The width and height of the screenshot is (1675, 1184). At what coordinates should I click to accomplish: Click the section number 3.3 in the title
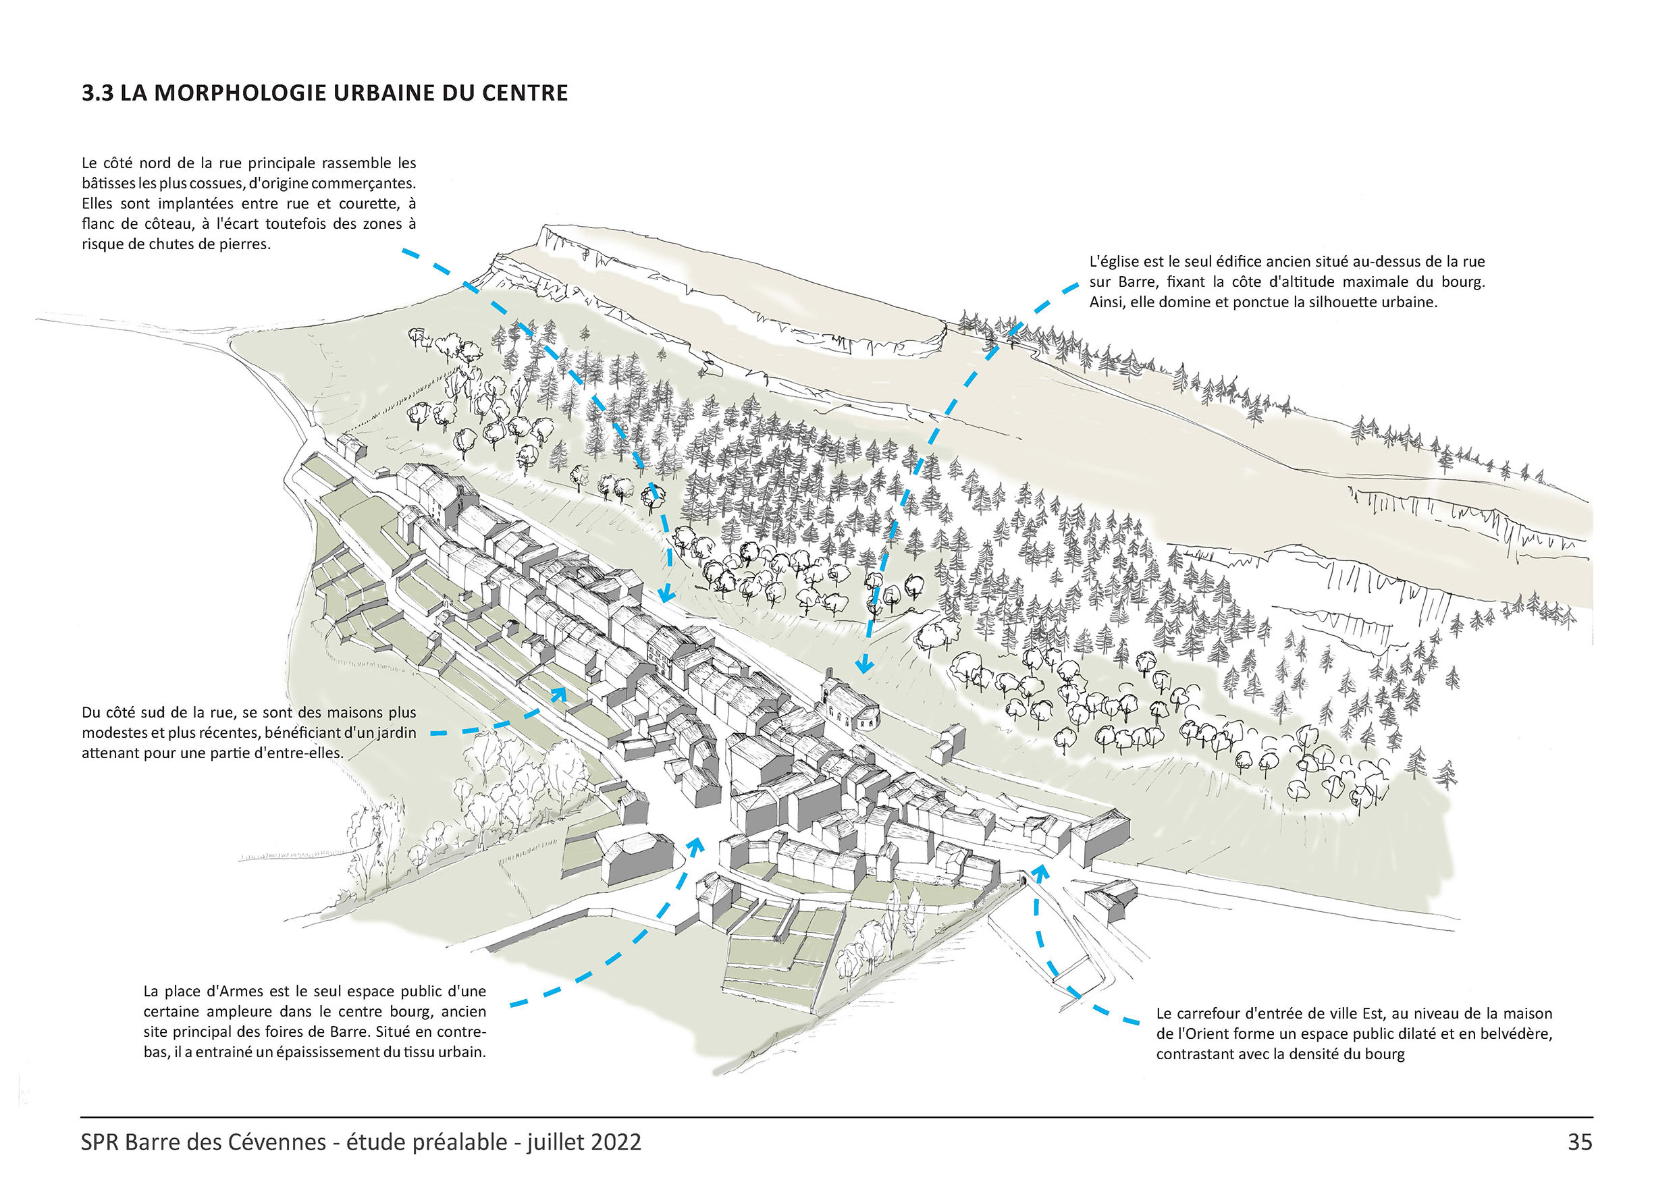click(98, 93)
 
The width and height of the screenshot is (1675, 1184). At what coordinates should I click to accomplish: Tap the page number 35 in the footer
click(1579, 1141)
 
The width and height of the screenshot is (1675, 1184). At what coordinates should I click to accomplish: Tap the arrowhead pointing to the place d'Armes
click(695, 844)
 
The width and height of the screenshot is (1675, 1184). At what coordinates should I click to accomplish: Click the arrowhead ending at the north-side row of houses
click(665, 595)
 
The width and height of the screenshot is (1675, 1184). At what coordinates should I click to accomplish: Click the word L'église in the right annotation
click(1113, 261)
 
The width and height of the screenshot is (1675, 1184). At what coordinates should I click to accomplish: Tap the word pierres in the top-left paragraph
click(245, 244)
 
